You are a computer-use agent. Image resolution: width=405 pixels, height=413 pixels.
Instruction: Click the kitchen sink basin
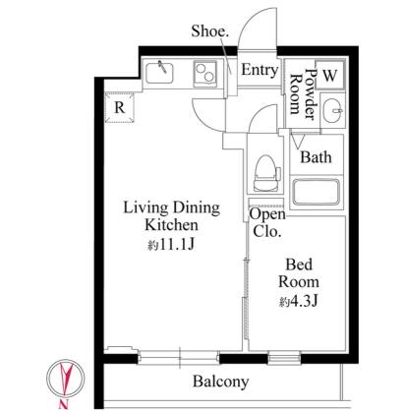point(159,73)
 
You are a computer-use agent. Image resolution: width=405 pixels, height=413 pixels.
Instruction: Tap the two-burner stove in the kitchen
point(205,74)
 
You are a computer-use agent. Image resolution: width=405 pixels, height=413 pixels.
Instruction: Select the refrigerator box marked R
point(120,107)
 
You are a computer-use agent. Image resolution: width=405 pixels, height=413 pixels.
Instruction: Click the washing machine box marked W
point(329,75)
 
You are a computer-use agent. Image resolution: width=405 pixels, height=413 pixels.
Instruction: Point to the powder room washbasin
point(332,111)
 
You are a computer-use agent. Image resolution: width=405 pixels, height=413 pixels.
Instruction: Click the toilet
point(266,173)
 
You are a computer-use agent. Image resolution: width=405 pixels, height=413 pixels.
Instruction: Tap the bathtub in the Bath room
point(316,192)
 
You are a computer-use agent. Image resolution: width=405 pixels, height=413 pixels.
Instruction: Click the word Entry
point(260,70)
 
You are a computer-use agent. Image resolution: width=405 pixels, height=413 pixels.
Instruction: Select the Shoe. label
point(209,31)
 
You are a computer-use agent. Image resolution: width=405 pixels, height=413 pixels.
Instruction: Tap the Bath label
point(316,157)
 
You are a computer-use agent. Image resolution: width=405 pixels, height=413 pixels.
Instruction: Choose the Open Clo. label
point(267,223)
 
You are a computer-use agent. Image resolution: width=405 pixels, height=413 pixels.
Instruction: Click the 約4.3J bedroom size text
point(299,302)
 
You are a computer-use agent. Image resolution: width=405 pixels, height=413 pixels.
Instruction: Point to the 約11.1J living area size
point(171,245)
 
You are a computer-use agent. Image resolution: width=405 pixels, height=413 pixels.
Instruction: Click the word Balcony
point(220,382)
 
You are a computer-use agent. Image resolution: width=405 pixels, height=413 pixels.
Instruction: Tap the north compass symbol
point(65,378)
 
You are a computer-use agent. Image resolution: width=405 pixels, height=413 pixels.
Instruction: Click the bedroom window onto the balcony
point(284,358)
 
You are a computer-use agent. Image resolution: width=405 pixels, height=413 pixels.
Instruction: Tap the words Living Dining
point(171,207)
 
